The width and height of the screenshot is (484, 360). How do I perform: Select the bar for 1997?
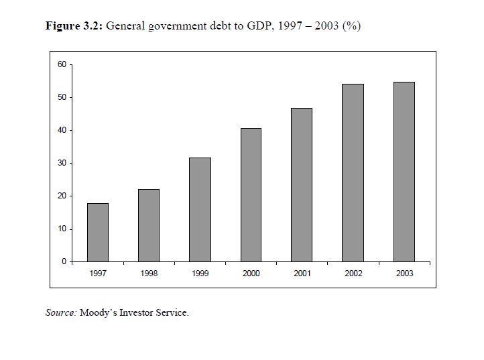coord(98,232)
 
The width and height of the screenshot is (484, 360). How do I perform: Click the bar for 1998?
coord(149,225)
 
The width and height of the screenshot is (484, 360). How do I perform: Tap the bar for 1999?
coord(200,209)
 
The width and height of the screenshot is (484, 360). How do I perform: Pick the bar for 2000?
coord(251,194)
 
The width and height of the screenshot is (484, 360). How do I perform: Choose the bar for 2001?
coord(302,184)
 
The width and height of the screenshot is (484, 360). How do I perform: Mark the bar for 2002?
coord(353,172)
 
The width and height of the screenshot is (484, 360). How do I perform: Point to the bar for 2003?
coord(404,172)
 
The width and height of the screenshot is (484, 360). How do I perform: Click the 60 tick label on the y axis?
coord(62,64)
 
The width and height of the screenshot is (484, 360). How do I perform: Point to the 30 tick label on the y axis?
coord(62,163)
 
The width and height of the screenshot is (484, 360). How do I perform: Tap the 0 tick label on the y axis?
coord(64,261)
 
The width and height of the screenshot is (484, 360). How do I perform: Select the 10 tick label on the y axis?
coord(62,229)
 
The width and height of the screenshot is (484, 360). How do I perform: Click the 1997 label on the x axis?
coord(98,274)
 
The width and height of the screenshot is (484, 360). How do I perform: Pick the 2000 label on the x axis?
coord(251,274)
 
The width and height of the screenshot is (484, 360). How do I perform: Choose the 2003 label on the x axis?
coord(404,274)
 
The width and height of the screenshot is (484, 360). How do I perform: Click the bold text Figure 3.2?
coord(74,27)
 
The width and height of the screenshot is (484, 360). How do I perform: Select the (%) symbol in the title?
coord(351,27)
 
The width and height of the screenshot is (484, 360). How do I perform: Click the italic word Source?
coord(61,312)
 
